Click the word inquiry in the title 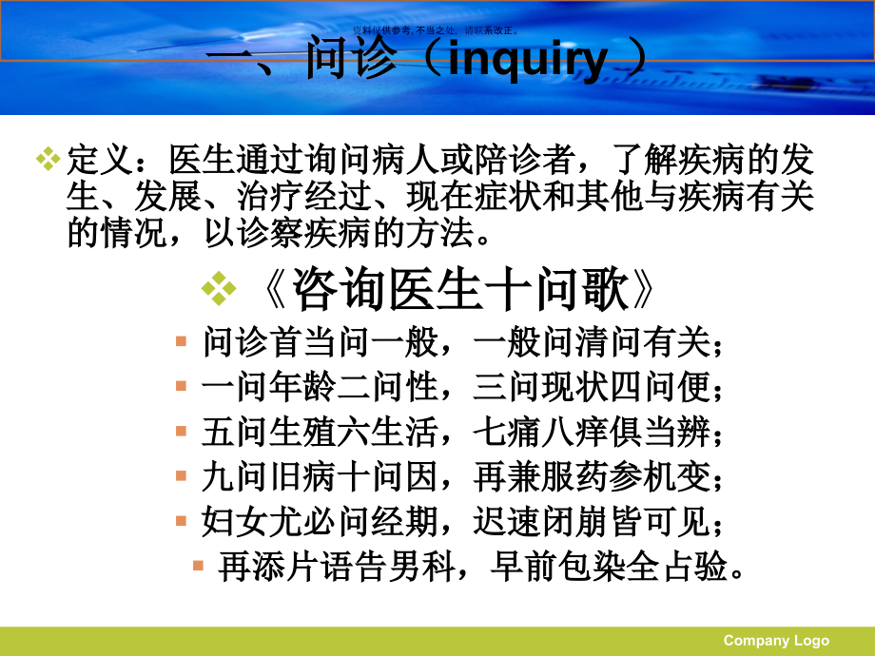527,60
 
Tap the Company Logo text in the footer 776,640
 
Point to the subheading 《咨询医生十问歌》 458,288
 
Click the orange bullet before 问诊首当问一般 181,341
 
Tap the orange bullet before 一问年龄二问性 181,386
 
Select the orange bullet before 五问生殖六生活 181,431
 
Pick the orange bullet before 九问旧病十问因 181,475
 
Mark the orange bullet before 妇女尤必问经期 181,520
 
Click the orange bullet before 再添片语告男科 198,566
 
